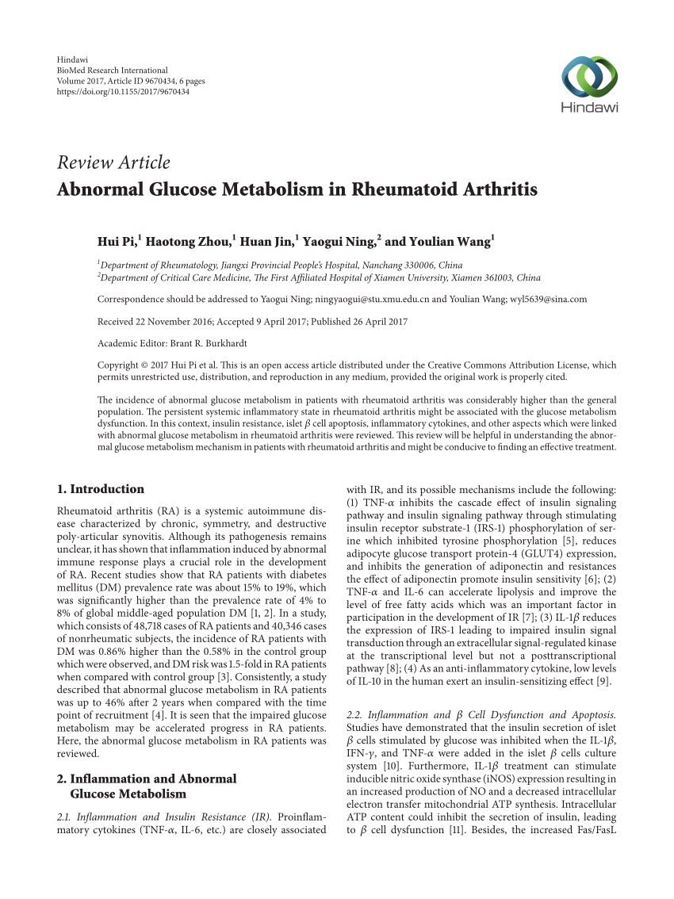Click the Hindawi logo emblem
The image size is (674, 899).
589,77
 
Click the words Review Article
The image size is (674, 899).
113,163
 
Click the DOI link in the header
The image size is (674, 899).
124,91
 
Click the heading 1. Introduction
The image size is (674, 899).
101,489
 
